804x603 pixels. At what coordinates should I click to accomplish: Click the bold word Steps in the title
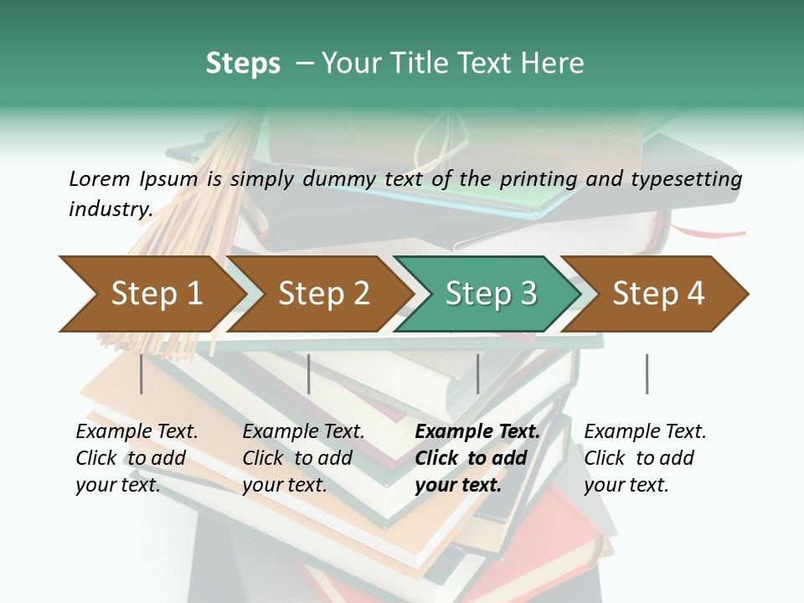pos(243,64)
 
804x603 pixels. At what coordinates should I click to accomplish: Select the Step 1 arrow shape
pos(151,294)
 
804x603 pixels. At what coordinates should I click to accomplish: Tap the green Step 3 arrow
pos(490,294)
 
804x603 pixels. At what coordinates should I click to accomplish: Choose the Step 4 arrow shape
pos(657,294)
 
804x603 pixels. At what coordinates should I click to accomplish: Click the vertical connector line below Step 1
pos(142,374)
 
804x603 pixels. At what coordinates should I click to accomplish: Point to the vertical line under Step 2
pos(309,374)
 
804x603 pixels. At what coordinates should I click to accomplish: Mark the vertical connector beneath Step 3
pos(477,374)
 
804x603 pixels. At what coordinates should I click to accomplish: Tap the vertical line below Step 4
pos(647,374)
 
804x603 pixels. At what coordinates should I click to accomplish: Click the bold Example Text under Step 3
pos(477,432)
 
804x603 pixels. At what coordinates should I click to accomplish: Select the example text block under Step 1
pos(137,458)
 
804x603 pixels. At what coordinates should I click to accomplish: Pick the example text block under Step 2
pos(303,458)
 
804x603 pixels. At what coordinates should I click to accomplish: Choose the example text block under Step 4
pos(645,458)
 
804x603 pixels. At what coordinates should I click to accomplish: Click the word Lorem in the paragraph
pos(99,178)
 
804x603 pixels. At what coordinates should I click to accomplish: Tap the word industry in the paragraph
pos(110,209)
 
